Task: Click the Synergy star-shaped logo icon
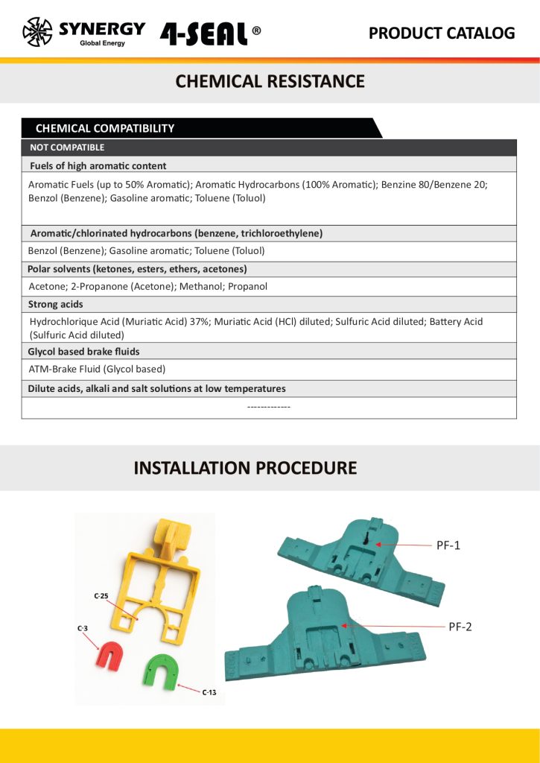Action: [x=38, y=32]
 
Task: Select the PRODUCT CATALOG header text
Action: [x=442, y=33]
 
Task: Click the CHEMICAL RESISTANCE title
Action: [x=270, y=81]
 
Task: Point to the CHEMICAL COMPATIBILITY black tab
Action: [x=105, y=128]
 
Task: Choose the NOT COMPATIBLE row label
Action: [x=67, y=148]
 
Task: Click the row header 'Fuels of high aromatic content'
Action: [x=98, y=165]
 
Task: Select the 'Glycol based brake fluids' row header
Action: [x=83, y=351]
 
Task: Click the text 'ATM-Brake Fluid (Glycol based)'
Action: [x=97, y=369]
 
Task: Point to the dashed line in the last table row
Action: [x=268, y=407]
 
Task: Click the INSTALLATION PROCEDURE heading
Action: [x=245, y=468]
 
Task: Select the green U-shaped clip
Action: [x=160, y=668]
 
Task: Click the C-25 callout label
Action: [x=101, y=596]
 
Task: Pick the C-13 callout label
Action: [x=209, y=693]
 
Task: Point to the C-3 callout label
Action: [x=83, y=629]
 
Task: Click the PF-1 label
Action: [x=448, y=545]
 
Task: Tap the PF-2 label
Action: [x=460, y=627]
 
